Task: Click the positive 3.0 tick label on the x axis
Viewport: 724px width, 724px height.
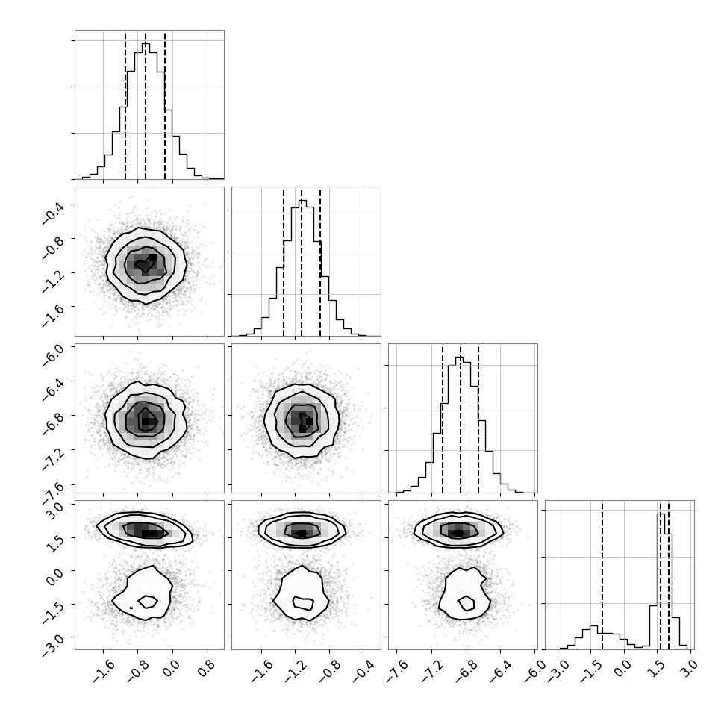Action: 690,668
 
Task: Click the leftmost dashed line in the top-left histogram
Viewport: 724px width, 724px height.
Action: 125,104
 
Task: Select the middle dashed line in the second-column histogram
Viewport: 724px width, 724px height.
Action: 302,262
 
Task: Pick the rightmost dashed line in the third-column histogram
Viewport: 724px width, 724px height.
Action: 478,418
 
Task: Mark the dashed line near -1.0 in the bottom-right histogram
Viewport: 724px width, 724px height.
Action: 602,575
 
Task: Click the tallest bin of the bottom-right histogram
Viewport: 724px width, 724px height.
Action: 661,581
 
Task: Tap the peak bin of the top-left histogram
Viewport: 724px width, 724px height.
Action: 146,110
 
